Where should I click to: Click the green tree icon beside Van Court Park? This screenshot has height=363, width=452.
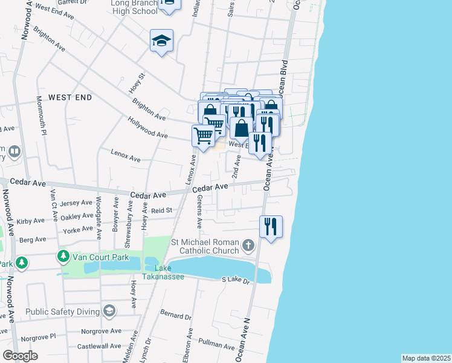pos(63,257)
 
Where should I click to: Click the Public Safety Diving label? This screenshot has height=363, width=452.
pos(63,312)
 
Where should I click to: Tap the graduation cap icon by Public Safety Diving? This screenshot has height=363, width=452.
pos(109,312)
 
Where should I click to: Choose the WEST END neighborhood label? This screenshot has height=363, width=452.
pos(70,97)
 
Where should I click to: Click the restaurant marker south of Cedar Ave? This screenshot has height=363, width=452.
pos(271,227)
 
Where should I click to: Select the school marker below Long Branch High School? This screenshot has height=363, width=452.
pos(162,41)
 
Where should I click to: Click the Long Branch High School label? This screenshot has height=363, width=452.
pos(134,7)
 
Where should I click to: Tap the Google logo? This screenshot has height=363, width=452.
pos(20,356)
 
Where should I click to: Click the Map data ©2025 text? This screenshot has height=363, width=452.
pos(426,358)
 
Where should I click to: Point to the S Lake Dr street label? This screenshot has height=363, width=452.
pos(236,280)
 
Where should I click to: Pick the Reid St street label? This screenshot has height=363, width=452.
pos(162,211)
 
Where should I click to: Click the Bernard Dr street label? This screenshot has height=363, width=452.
pos(176,316)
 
